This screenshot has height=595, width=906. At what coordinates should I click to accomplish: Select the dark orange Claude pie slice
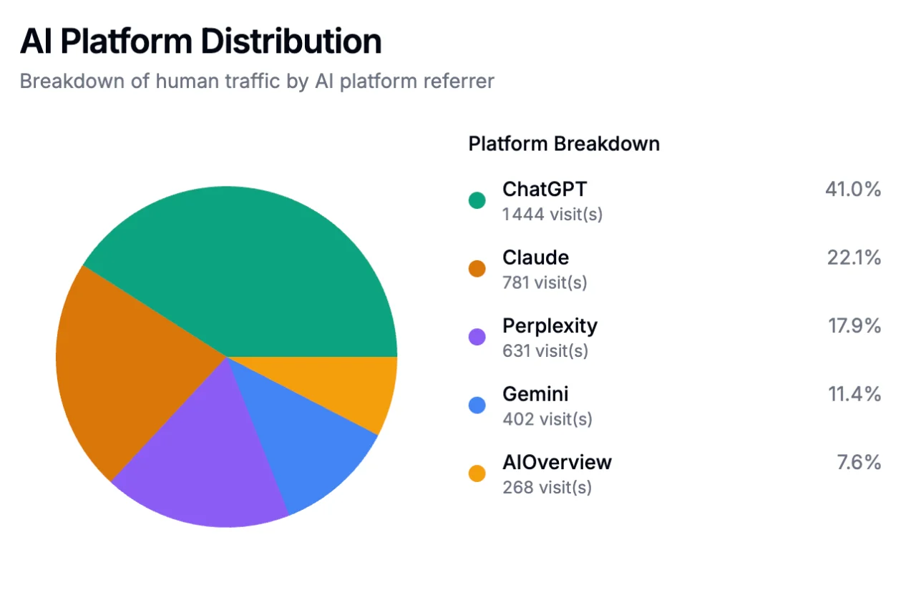[x=136, y=365]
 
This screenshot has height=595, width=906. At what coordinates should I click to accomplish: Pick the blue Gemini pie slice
[x=308, y=436]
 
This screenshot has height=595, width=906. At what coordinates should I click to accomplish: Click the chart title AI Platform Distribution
[x=200, y=41]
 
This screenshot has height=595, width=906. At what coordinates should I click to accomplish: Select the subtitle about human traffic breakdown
[x=256, y=81]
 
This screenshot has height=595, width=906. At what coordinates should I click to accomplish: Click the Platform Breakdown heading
[x=563, y=144]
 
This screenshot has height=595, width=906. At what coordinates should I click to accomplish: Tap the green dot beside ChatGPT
[x=477, y=200]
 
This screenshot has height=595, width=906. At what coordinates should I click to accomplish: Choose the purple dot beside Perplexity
[x=477, y=337]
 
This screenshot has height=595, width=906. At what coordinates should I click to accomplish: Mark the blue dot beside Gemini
[x=477, y=405]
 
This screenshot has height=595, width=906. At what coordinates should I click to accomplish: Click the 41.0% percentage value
[x=852, y=190]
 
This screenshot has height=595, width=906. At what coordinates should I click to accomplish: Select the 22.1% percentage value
[x=854, y=257]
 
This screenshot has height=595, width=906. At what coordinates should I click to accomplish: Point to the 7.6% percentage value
[x=859, y=463]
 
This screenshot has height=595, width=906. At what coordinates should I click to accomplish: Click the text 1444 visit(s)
[x=552, y=214]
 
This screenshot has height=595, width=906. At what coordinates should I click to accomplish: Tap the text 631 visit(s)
[x=545, y=350]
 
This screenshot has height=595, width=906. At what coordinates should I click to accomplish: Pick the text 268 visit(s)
[x=547, y=487]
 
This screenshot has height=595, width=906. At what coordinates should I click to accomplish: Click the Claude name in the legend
[x=535, y=257]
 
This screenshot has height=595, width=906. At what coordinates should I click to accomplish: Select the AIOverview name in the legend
[x=557, y=462]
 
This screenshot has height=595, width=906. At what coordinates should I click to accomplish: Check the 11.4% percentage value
[x=854, y=394]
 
